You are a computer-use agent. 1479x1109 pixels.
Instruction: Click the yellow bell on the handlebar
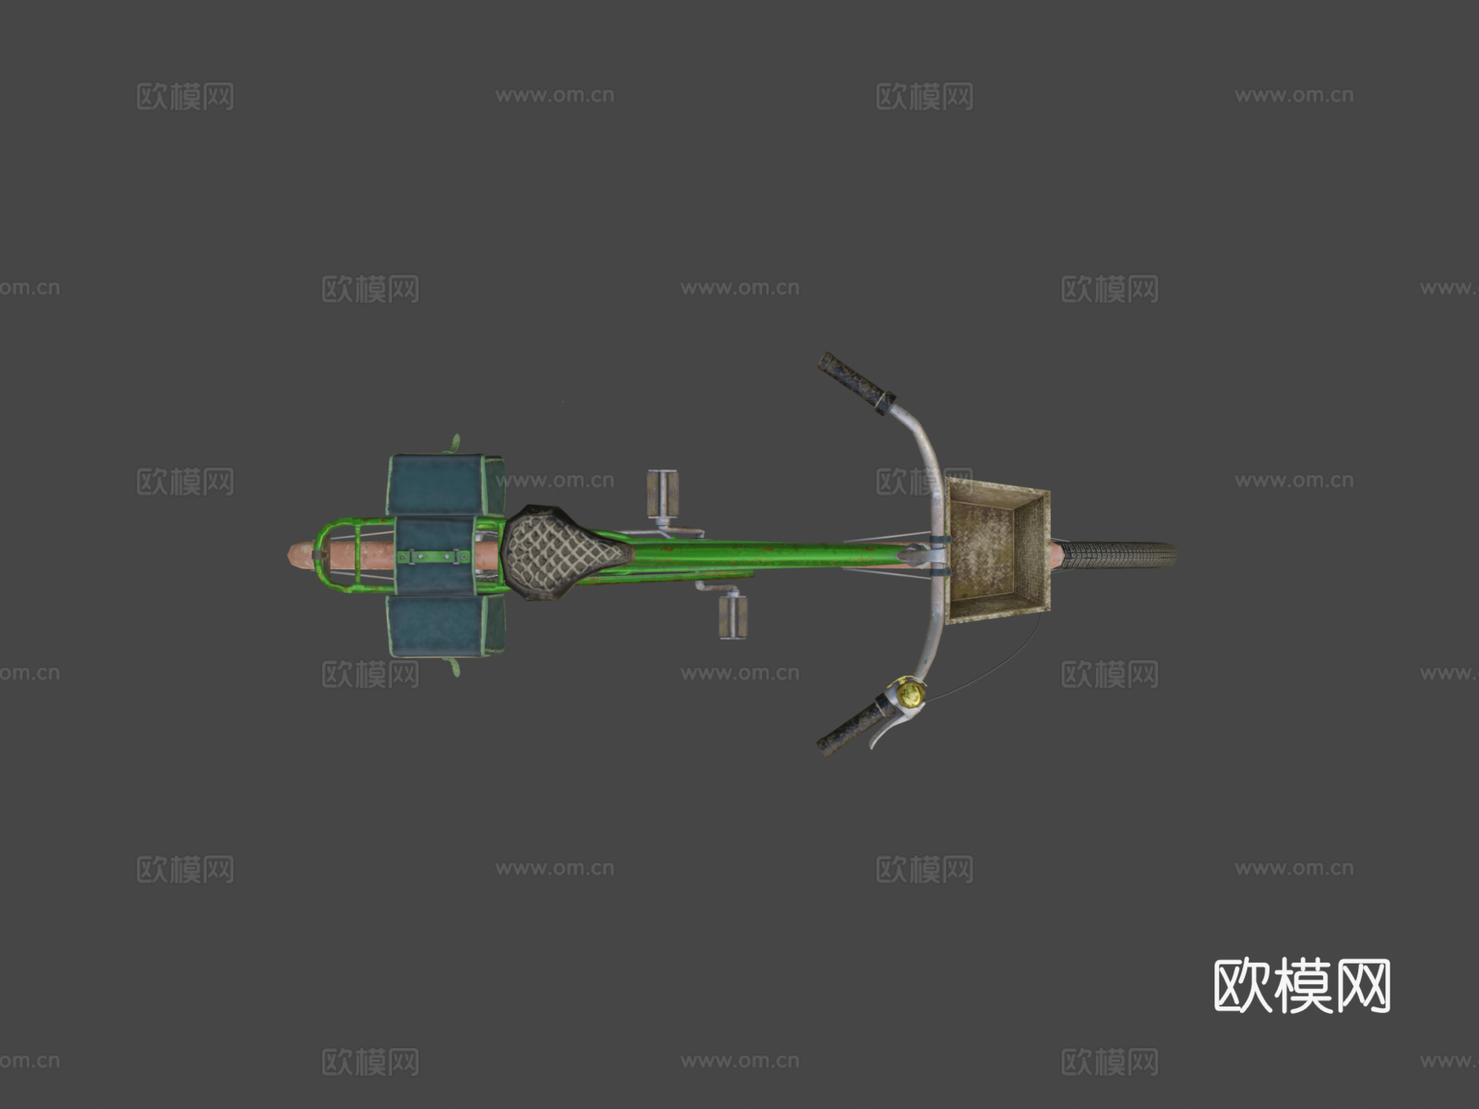point(910,693)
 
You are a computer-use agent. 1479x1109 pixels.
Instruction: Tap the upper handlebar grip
point(855,383)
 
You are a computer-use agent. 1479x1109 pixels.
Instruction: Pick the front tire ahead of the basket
point(1117,554)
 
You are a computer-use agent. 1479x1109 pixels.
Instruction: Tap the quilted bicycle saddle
point(562,552)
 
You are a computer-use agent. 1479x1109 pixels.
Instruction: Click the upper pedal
point(662,494)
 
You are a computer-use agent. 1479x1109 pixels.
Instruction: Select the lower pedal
point(732,616)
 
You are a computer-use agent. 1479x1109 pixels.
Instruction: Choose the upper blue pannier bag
point(445,485)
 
